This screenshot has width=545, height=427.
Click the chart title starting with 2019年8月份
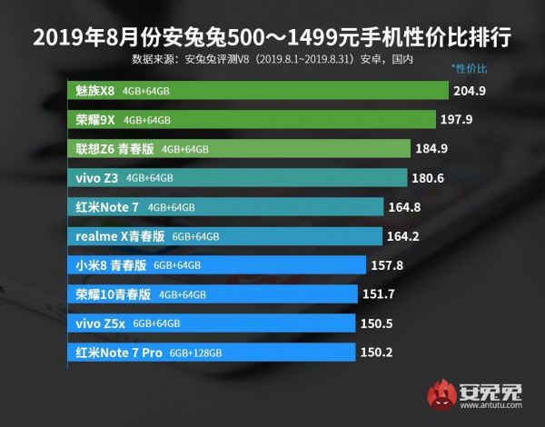(x=271, y=37)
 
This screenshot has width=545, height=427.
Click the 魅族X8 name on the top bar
(x=94, y=91)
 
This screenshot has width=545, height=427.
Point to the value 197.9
(x=466, y=120)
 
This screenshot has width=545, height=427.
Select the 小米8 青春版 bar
(x=217, y=265)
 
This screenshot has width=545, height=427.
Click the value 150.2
(x=376, y=352)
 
